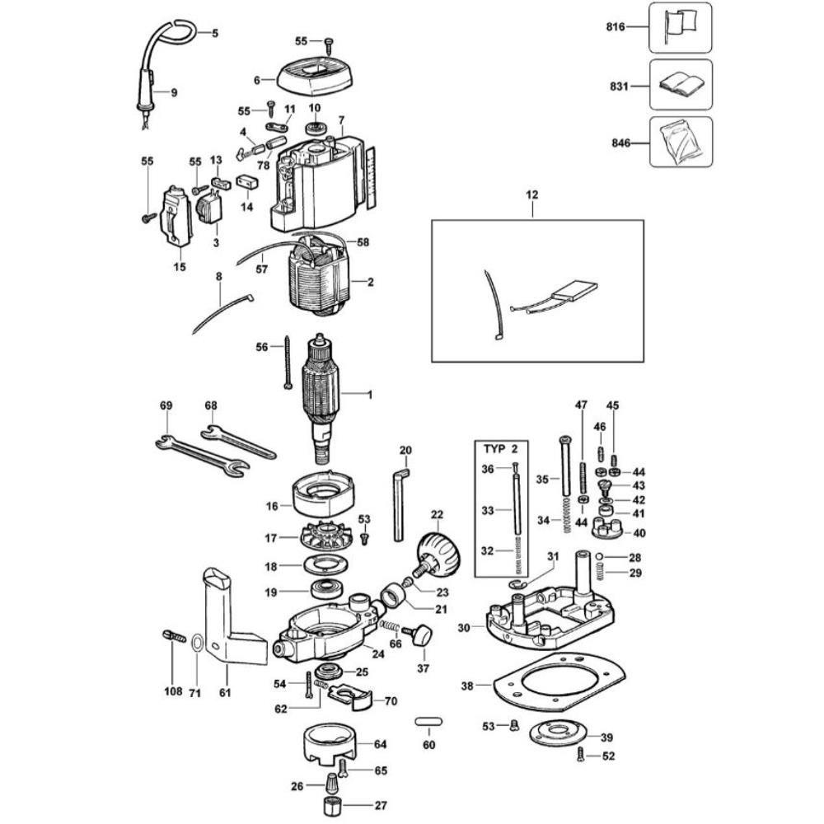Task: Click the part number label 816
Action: (615, 28)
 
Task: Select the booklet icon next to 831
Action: (680, 84)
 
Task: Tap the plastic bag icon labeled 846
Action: (680, 142)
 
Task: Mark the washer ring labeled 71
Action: (198, 644)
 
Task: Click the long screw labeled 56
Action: (288, 362)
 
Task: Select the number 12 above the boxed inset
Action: (531, 195)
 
